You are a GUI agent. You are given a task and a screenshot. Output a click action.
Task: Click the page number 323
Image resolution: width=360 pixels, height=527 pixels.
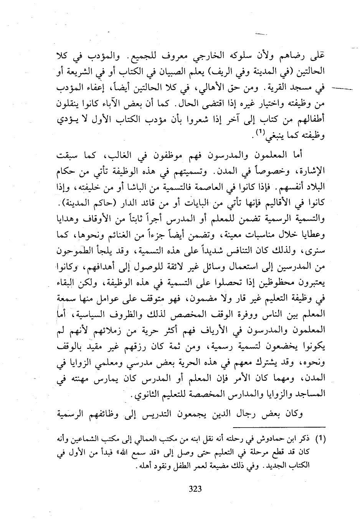pos(195,489)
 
